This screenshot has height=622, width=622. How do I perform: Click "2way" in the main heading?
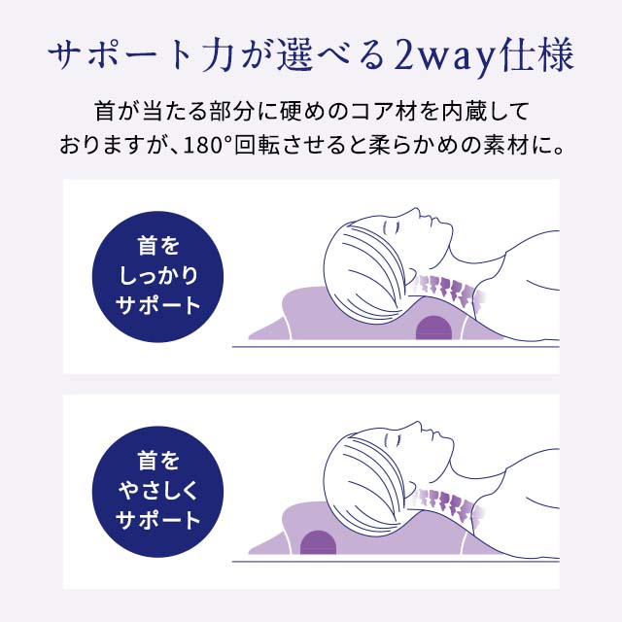click(437, 57)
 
